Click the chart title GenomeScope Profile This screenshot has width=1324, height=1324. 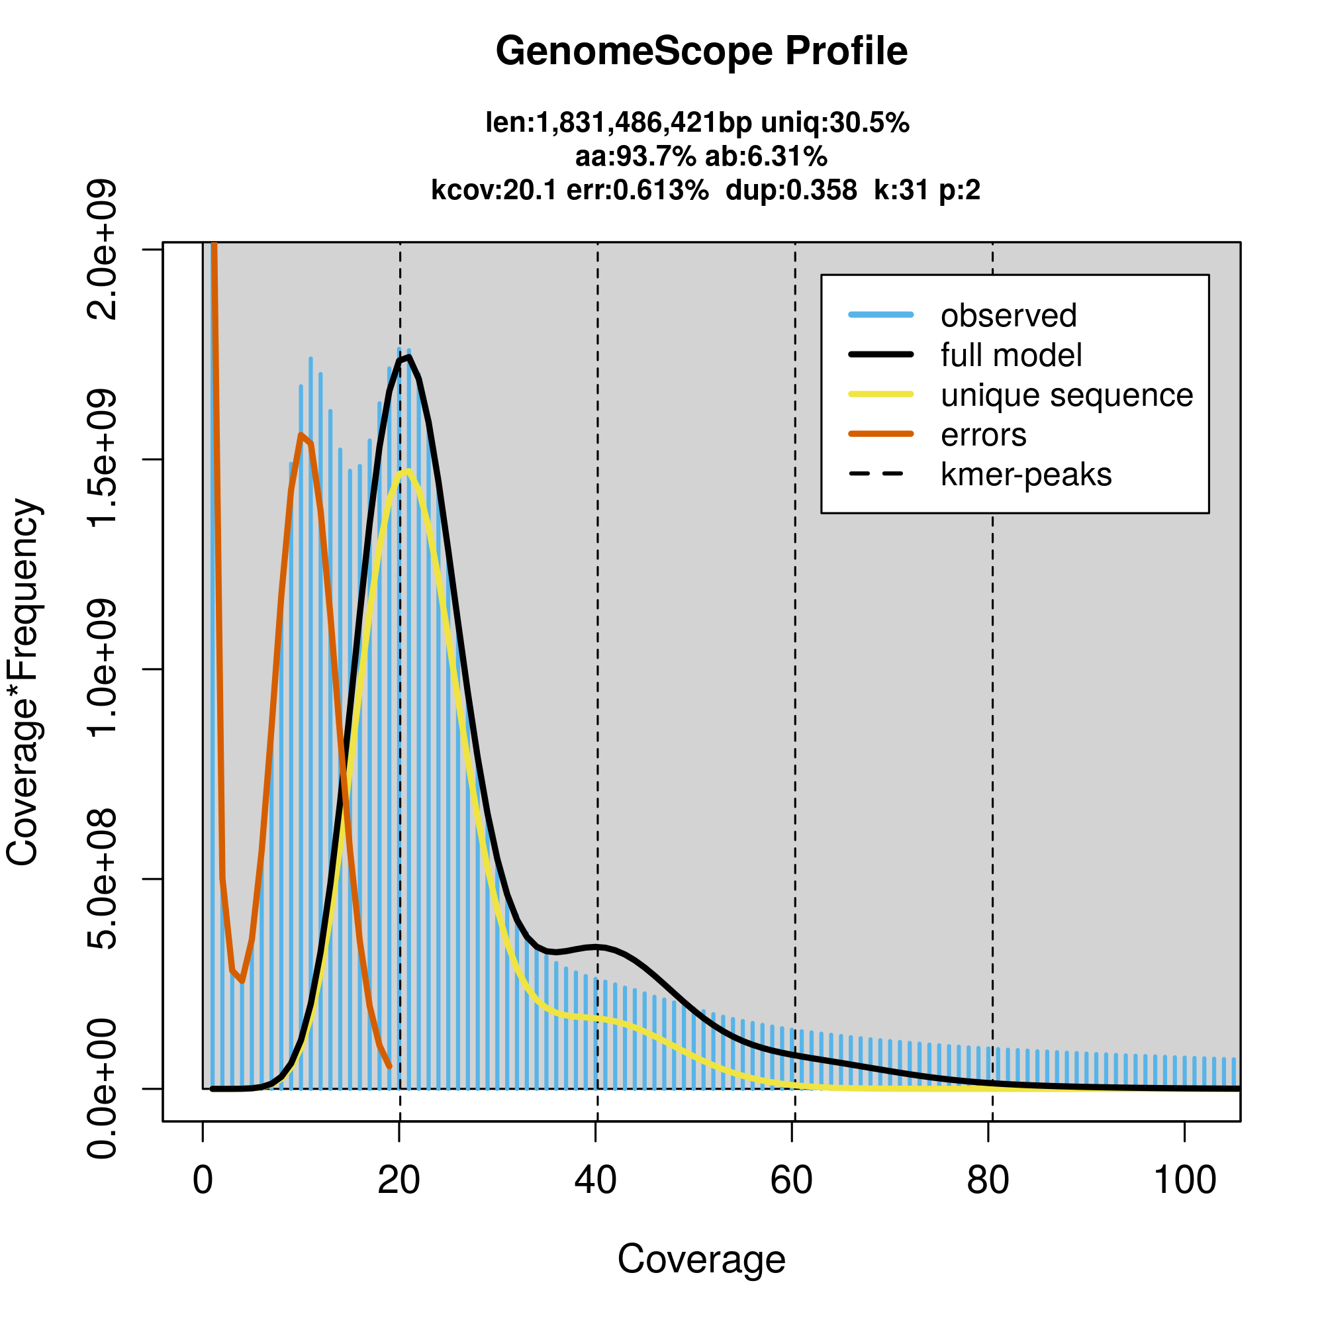pyautogui.click(x=701, y=52)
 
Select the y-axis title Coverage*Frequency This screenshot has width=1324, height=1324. pyautogui.click(x=23, y=682)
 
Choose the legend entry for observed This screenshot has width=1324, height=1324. pyautogui.click(x=1008, y=316)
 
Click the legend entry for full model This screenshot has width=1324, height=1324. pyautogui.click(x=1011, y=355)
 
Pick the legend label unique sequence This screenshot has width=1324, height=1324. pyautogui.click(x=1066, y=395)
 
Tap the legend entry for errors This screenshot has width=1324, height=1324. pyautogui.click(x=984, y=435)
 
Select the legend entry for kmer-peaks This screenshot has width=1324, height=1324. pyautogui.click(x=1026, y=475)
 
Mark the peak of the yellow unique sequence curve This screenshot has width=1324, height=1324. pyautogui.click(x=408, y=470)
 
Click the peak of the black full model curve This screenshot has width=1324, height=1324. pyautogui.click(x=408, y=357)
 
